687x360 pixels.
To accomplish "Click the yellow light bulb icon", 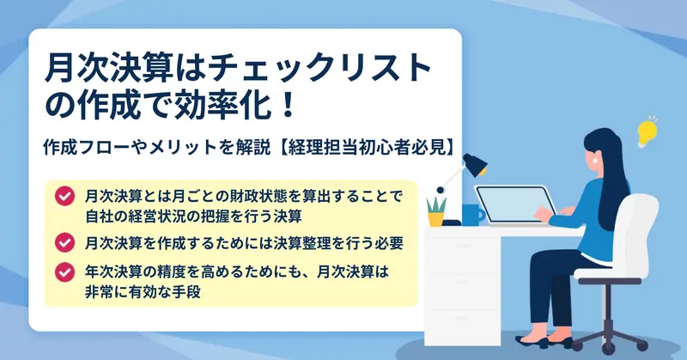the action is coord(647,132).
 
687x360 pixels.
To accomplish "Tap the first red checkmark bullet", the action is coord(65,196).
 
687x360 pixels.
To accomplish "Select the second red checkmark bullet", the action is coord(65,242).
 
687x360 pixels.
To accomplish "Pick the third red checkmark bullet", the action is coord(65,272).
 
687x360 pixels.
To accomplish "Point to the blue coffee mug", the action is coord(473,215).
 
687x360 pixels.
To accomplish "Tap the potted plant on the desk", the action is coord(436,211).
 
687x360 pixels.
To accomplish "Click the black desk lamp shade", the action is coord(475,164).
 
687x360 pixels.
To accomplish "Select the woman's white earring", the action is coord(595,161).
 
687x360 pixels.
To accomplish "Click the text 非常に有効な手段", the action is coord(143,291).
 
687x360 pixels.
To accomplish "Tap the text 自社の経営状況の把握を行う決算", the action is coord(193,217).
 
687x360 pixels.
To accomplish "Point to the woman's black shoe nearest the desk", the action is coord(532,342).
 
